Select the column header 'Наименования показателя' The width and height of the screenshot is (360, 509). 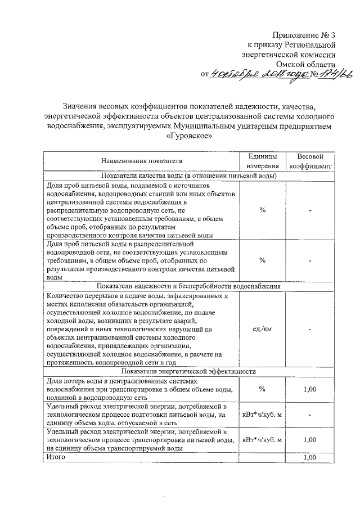coord(142,161)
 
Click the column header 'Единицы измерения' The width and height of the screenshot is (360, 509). coord(262,161)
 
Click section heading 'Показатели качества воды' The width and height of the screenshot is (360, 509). coord(190,175)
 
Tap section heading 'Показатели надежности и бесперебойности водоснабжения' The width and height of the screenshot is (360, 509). coord(190,286)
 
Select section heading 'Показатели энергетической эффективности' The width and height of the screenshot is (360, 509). coord(190,372)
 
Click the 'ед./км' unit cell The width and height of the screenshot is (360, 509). coord(262,329)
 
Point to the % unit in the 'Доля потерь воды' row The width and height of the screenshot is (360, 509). coord(262,389)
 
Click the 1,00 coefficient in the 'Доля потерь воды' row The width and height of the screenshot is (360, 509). coord(310,389)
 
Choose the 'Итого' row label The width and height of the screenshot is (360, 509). coord(56,457)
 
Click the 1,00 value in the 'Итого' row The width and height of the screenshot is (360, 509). coord(310,458)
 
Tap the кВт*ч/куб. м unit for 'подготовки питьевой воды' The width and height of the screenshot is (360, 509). coord(262,415)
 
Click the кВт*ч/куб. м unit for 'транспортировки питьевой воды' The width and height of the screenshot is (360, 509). coord(262,440)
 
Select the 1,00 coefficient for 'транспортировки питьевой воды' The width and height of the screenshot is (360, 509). coord(310,440)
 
